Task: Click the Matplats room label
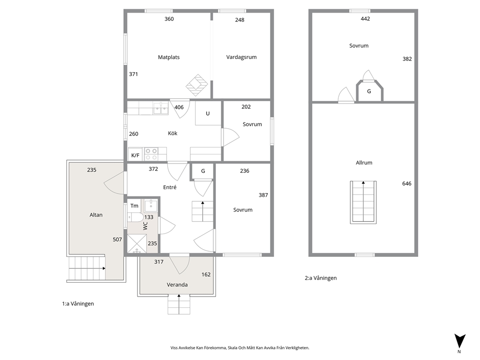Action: [169, 57]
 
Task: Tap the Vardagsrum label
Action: [241, 57]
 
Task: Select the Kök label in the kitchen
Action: [173, 133]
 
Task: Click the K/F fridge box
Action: [135, 155]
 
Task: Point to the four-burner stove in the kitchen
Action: [151, 154]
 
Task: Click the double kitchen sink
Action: [161, 108]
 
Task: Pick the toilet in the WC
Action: [135, 217]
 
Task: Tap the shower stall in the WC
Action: [137, 244]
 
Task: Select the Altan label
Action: [96, 215]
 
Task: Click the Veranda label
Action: [177, 285]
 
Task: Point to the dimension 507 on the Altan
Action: [117, 240]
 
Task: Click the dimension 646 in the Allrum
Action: [407, 183]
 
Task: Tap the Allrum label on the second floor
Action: [364, 163]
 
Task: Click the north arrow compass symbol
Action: [460, 341]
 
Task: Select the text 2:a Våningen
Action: [320, 278]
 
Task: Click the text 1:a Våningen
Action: [78, 304]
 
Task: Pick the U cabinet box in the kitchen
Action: [208, 113]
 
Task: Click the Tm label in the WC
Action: [135, 206]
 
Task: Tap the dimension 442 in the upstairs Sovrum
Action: [365, 19]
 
